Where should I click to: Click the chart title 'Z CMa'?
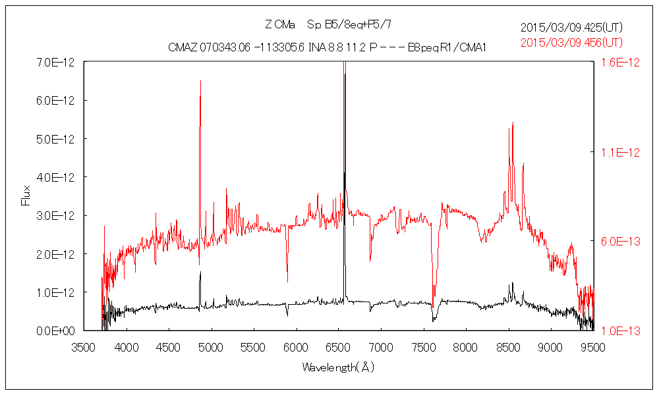(x=279, y=25)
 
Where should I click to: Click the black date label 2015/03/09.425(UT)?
(x=571, y=28)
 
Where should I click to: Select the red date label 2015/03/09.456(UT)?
(x=571, y=42)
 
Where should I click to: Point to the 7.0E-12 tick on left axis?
(x=56, y=62)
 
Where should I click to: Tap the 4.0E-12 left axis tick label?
(x=56, y=177)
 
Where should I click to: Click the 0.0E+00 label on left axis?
(x=56, y=330)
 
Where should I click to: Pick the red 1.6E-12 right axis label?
(x=617, y=62)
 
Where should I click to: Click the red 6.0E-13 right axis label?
(x=617, y=241)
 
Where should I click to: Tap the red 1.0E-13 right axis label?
(x=617, y=330)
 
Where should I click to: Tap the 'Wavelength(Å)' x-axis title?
(x=338, y=367)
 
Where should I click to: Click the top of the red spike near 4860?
(x=200, y=81)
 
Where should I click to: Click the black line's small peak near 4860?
(x=200, y=272)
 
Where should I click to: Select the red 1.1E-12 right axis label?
(x=617, y=152)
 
